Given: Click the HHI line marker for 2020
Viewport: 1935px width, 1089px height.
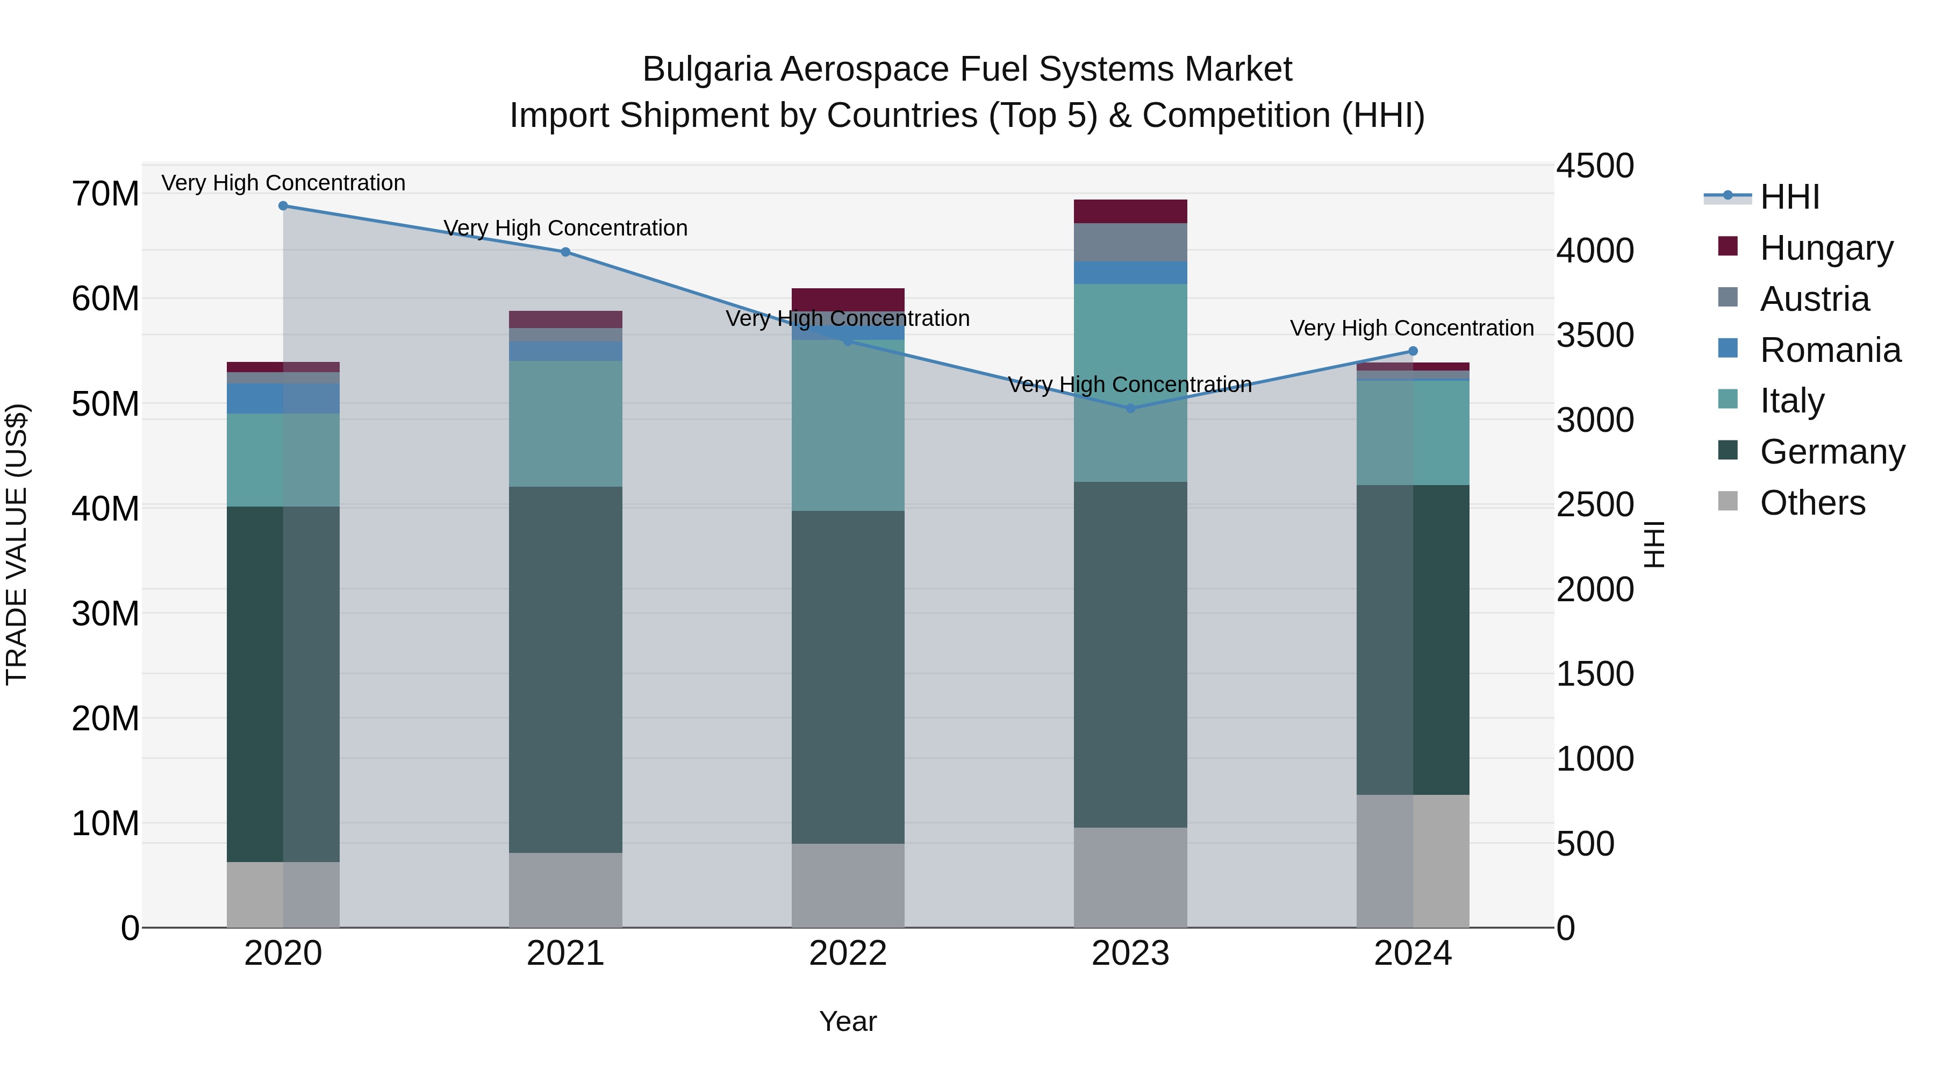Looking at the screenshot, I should point(283,206).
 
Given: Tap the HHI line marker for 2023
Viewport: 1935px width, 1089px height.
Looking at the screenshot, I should point(1130,409).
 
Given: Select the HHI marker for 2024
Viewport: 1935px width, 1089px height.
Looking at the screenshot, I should point(1413,351).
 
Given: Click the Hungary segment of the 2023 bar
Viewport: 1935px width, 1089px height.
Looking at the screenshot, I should point(1130,211).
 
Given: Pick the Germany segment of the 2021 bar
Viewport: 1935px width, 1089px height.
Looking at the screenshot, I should point(565,669).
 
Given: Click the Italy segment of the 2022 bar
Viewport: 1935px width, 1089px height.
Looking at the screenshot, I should point(848,425).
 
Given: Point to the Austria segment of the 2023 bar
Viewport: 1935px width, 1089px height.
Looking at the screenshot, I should point(1130,242).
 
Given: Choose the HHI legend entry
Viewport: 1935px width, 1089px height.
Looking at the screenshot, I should point(1789,197).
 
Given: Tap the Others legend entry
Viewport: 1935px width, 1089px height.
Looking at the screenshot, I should point(1812,503).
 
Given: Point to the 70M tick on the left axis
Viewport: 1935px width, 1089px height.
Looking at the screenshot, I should point(105,194).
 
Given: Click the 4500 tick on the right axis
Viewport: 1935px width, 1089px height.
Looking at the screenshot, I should point(1594,166).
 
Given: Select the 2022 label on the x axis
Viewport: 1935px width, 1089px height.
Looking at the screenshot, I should point(848,953).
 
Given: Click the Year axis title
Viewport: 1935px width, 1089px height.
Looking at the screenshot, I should point(848,1021).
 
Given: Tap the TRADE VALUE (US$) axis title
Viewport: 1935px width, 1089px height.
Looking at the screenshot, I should point(17,544).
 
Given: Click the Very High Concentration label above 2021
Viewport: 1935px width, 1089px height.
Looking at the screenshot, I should point(565,227).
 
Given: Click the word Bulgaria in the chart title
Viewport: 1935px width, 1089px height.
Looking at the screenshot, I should point(706,70).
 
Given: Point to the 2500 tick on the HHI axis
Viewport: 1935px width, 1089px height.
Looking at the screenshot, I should point(1594,504).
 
